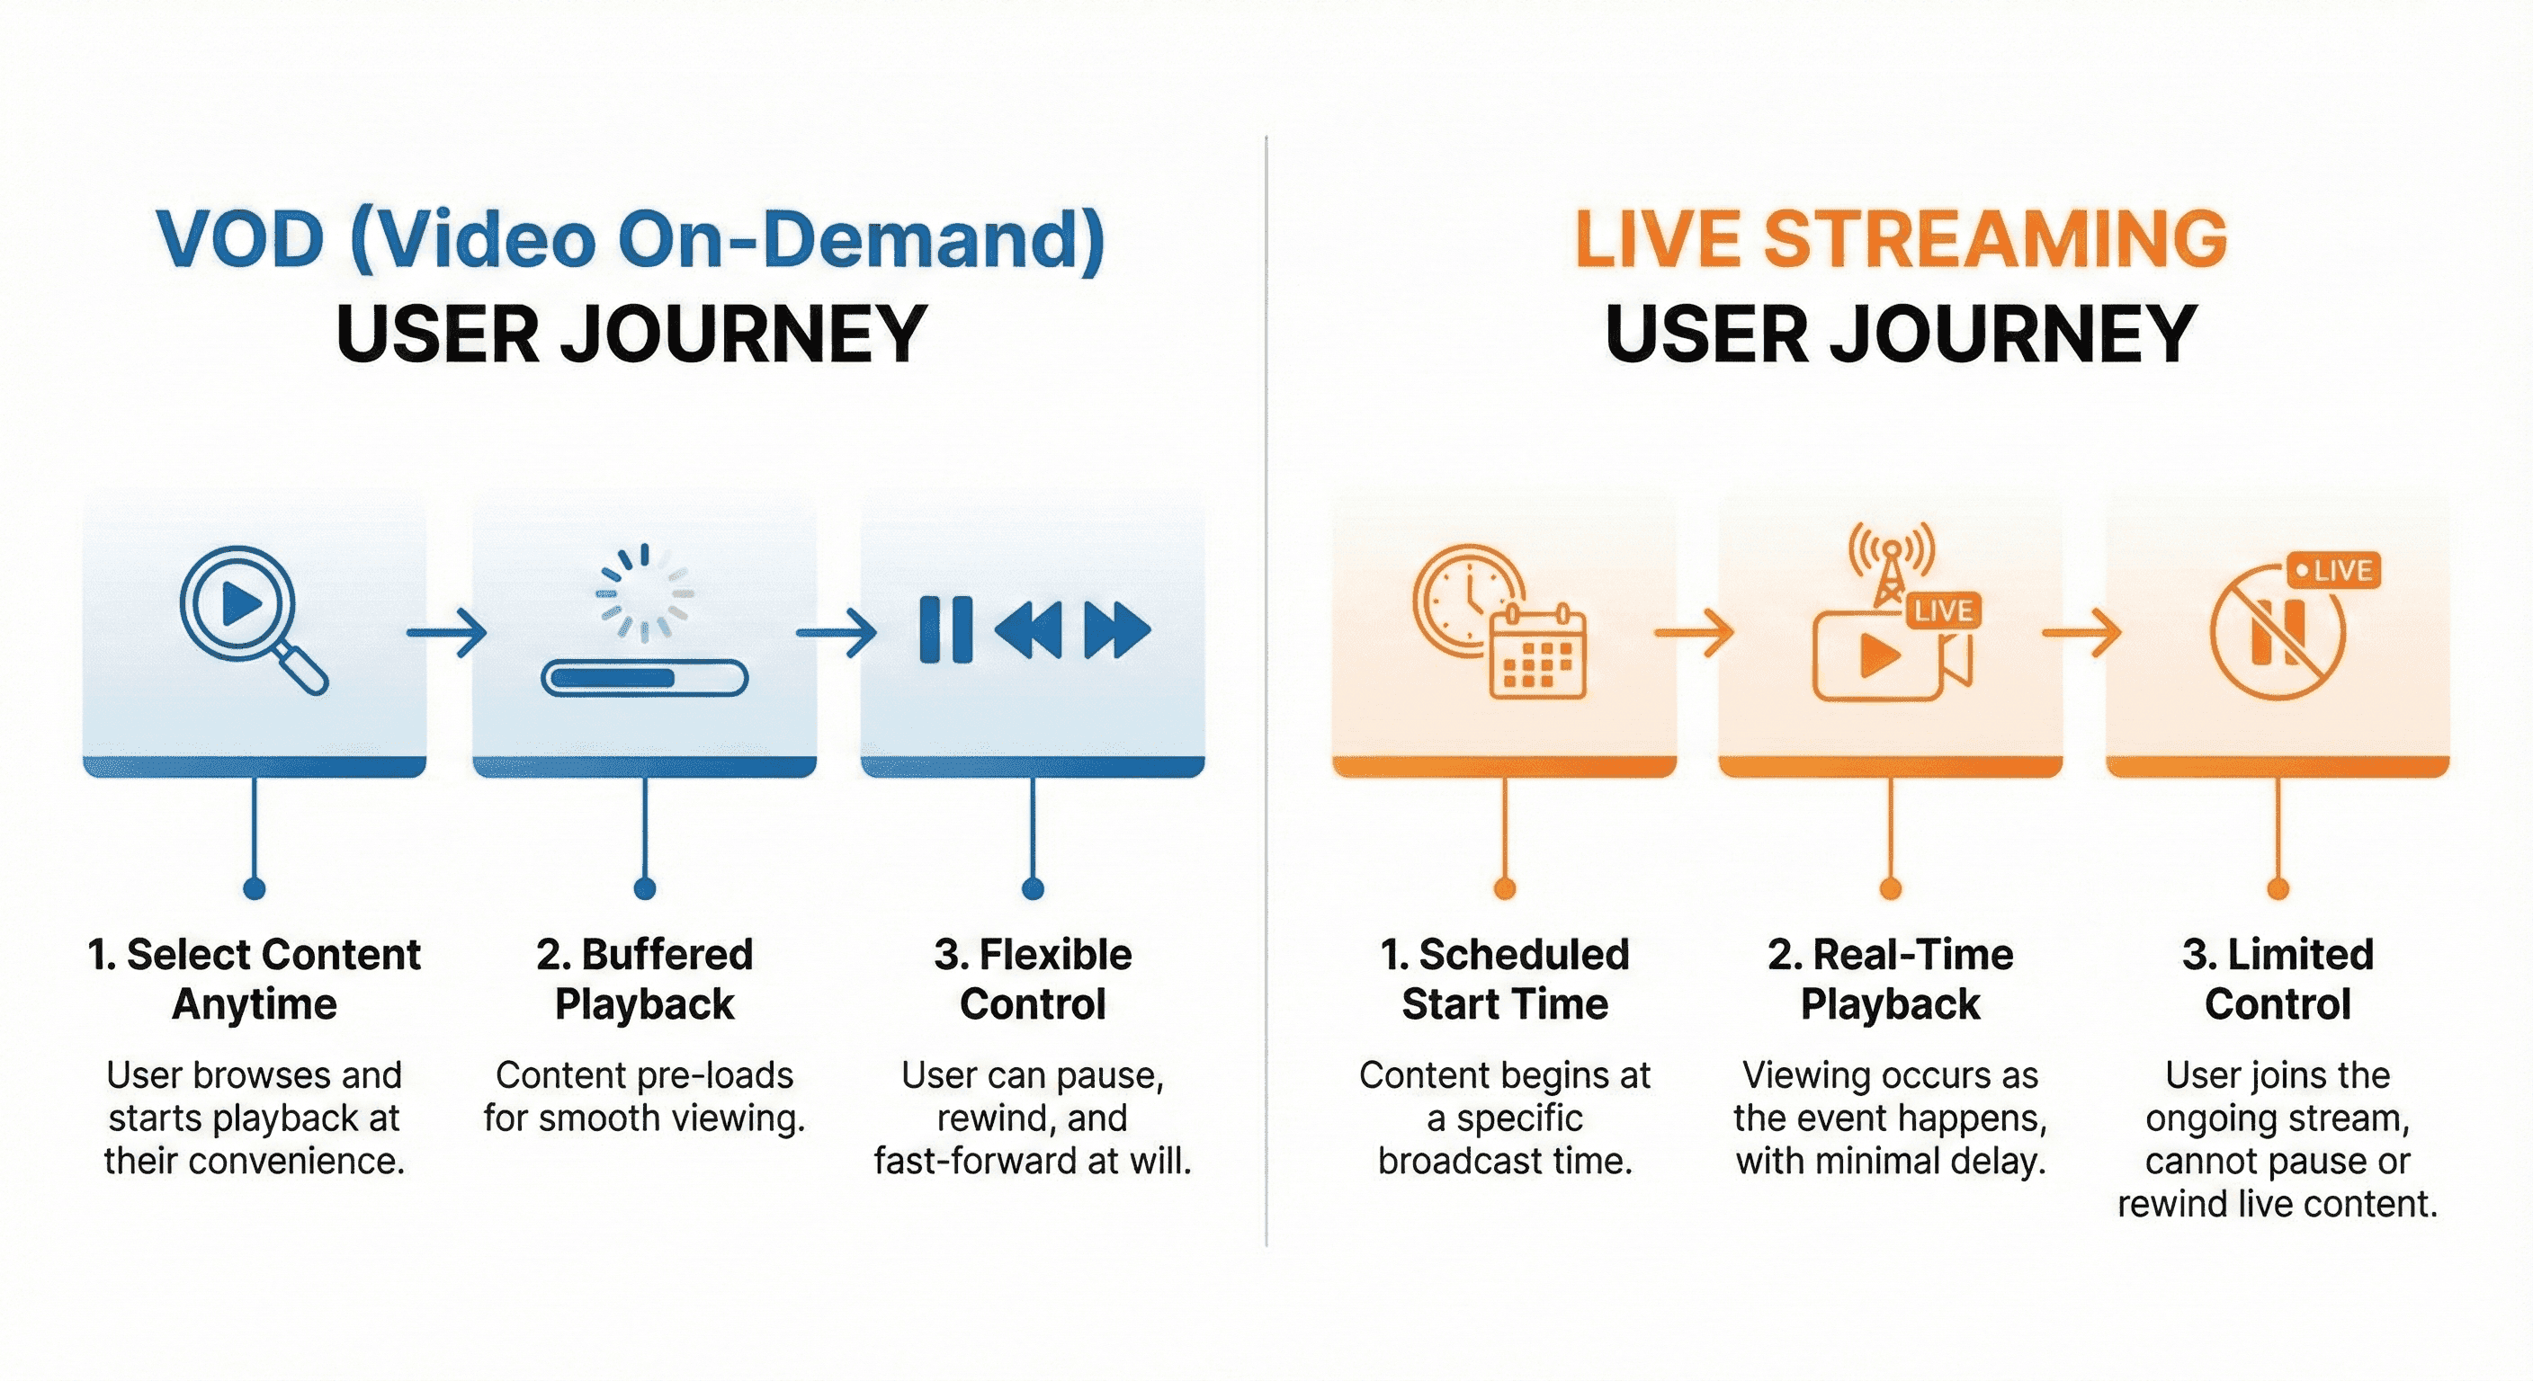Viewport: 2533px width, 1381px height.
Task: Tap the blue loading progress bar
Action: (x=644, y=678)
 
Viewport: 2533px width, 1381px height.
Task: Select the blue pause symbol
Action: (x=945, y=629)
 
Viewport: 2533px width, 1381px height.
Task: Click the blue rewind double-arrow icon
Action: (x=1028, y=629)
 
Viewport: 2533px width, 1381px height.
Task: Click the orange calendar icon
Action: (x=1538, y=654)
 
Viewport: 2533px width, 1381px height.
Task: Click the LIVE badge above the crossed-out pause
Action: (x=2333, y=571)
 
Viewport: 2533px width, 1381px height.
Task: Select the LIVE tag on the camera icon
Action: (x=1943, y=611)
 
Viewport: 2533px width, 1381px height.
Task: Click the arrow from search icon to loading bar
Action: (x=447, y=632)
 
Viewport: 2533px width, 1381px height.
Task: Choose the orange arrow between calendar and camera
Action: (x=1693, y=632)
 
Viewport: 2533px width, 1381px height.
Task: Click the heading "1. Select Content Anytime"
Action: (x=254, y=979)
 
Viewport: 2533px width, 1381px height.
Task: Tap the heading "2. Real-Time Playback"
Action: (x=1890, y=979)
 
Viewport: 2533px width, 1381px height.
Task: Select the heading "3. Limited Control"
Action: (x=2278, y=979)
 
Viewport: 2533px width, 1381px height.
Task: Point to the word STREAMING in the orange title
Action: (x=1995, y=239)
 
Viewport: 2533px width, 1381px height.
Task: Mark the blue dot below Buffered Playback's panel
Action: (x=645, y=889)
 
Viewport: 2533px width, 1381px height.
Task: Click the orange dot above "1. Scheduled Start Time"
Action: (x=1505, y=889)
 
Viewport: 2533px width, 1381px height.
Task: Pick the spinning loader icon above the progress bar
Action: (x=645, y=592)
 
